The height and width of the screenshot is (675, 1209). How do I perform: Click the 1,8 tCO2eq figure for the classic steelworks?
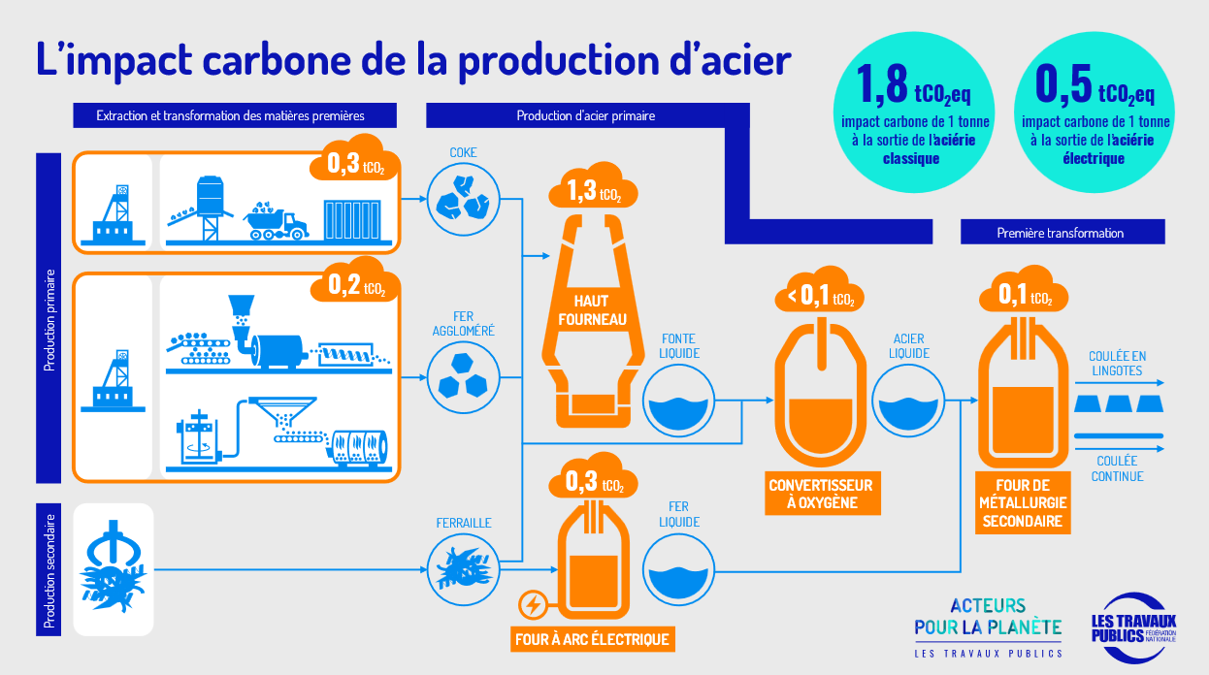913,85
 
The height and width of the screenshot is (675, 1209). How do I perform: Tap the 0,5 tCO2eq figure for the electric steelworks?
1095,85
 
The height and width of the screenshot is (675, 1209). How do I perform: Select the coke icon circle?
463,199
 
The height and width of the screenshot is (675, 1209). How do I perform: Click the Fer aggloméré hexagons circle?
463,377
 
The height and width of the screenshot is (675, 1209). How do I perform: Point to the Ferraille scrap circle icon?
463,569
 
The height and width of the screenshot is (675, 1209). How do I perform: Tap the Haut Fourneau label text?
592,310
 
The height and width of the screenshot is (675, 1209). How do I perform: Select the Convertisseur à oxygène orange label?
822,494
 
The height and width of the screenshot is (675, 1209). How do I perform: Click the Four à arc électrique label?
592,639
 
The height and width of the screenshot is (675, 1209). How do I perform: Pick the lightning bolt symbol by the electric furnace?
534,605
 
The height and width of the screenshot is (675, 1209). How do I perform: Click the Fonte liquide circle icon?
678,401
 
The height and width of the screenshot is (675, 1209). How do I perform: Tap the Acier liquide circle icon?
908,401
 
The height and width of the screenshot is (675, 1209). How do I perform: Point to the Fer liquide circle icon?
678,570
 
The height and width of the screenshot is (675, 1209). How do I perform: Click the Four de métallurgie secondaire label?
1023,503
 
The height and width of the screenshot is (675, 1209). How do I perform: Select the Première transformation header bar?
1062,232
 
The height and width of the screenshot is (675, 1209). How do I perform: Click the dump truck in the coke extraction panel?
276,220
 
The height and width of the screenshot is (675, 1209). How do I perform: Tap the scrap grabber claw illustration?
113,566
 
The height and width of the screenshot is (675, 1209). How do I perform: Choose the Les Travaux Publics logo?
1133,628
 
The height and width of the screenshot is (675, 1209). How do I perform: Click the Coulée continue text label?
1117,468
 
